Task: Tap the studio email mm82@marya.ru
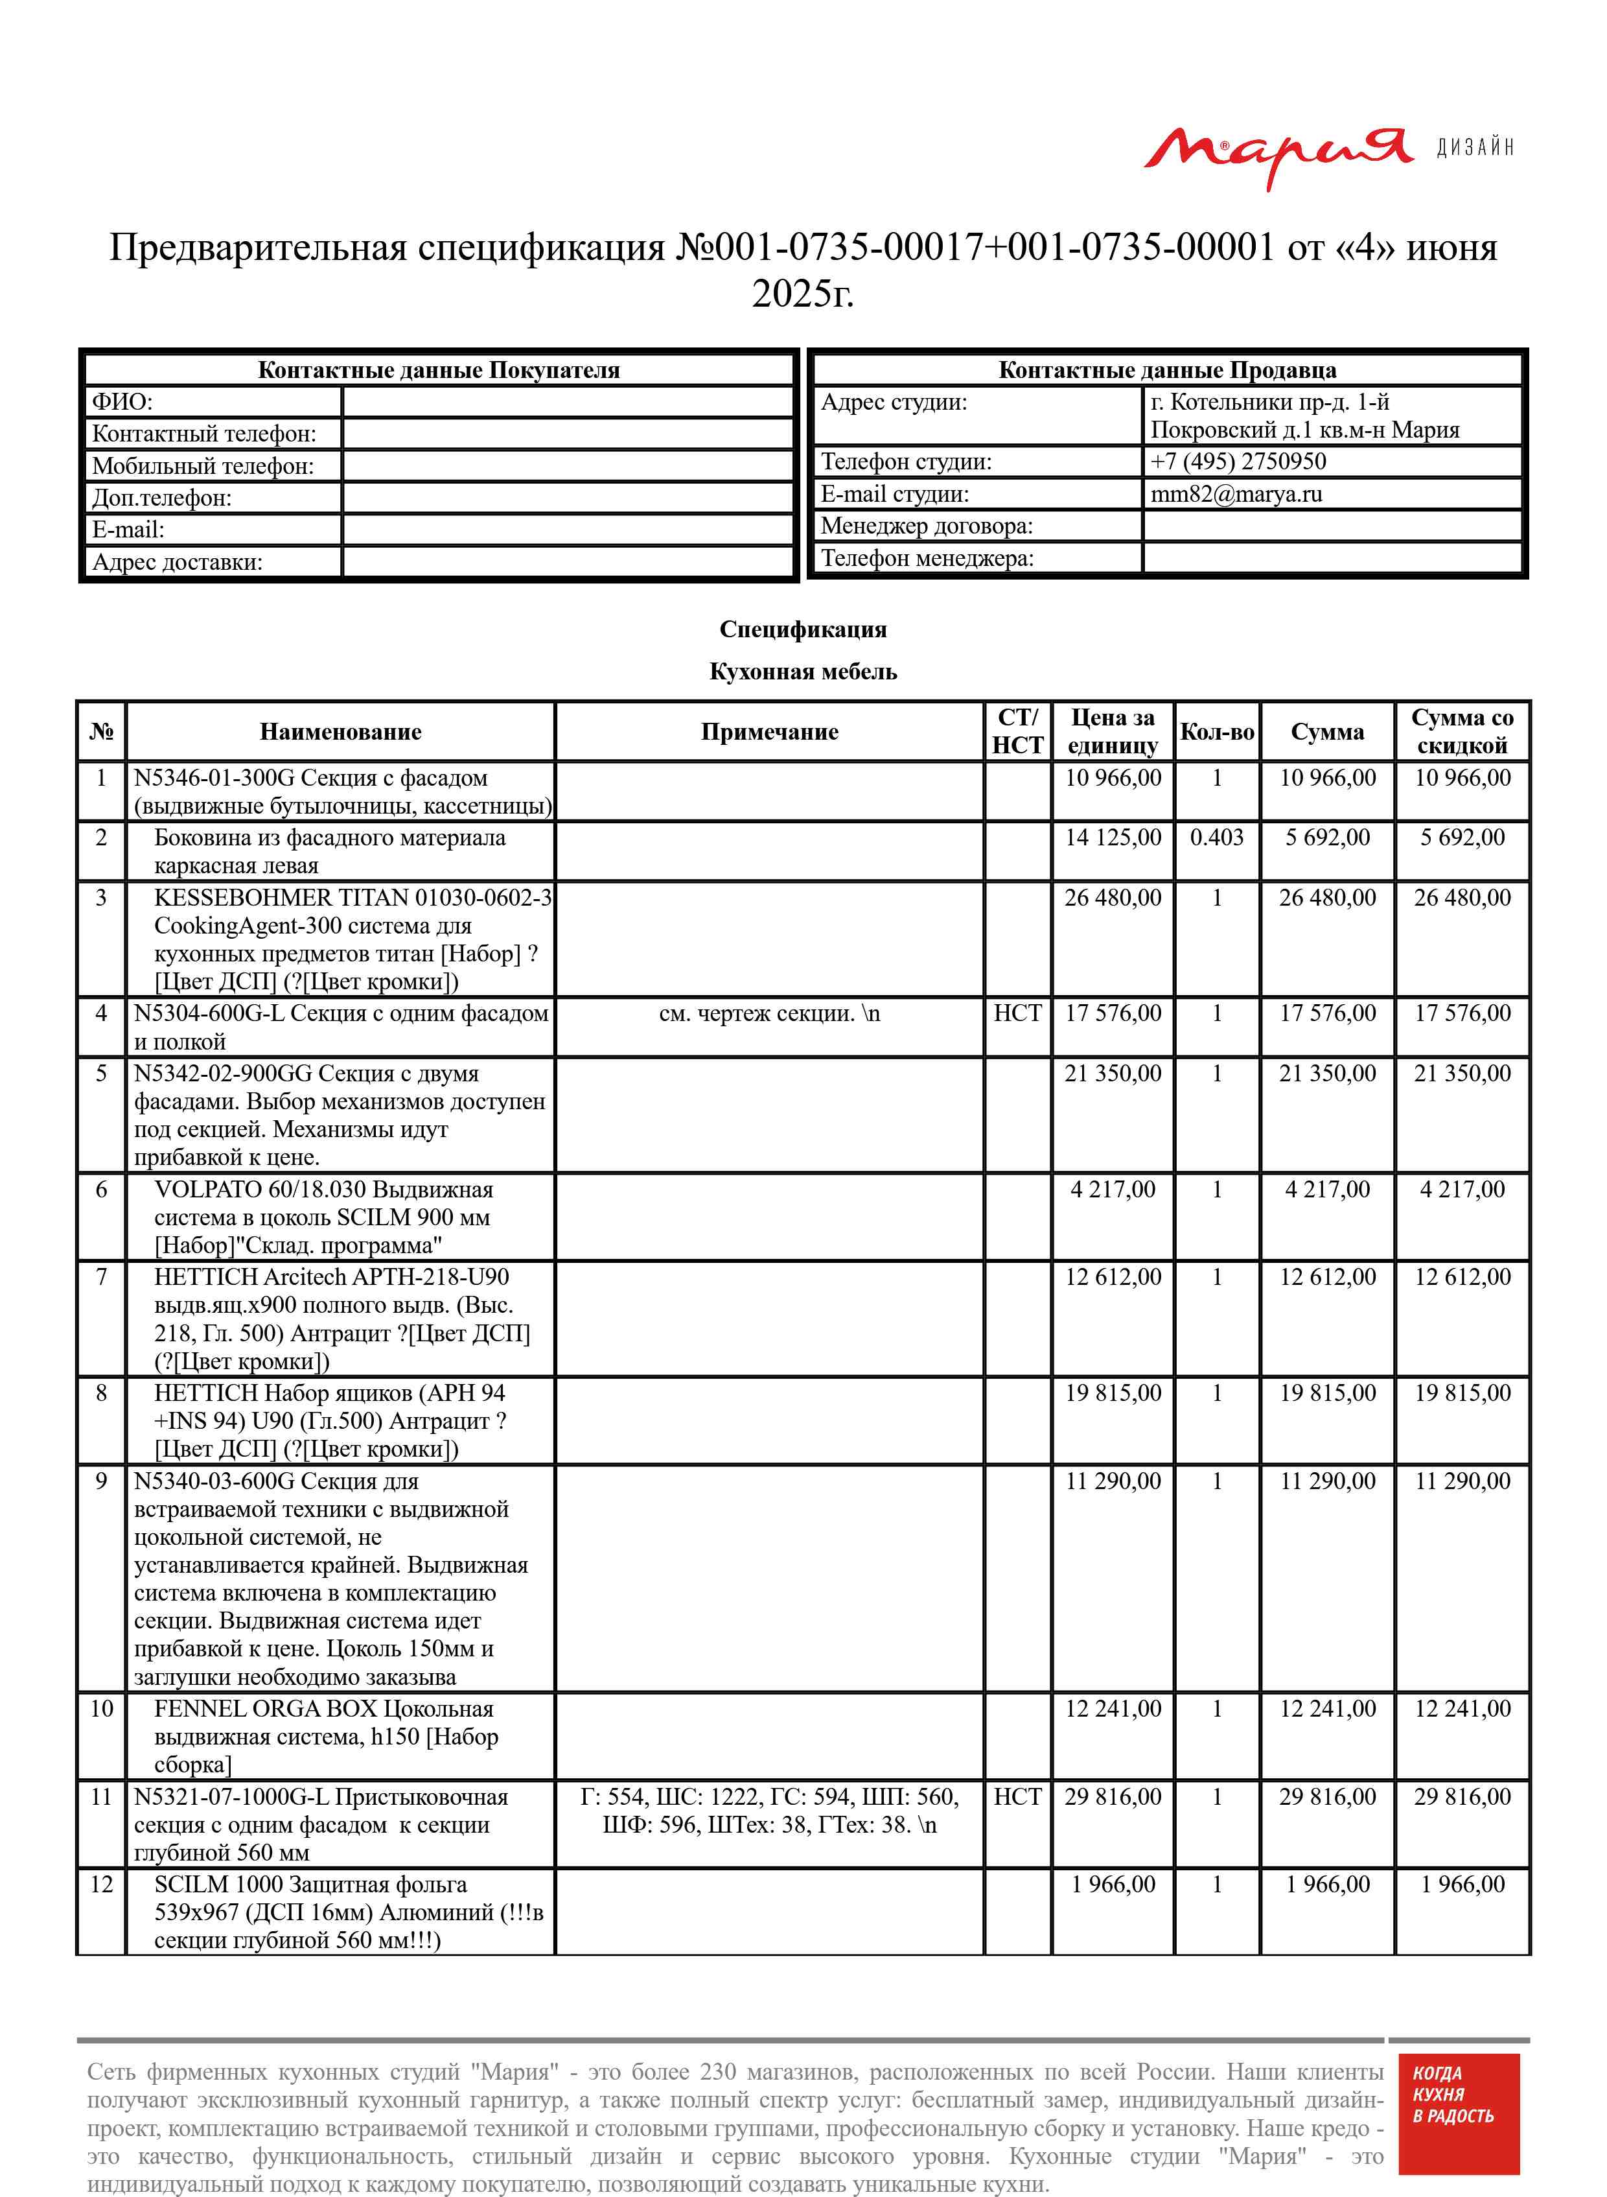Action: tap(1236, 493)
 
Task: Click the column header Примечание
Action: tap(769, 732)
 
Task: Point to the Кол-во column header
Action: tap(1217, 732)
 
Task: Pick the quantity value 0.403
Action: tap(1217, 838)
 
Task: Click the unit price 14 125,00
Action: tap(1113, 838)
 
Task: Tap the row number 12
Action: tap(101, 1884)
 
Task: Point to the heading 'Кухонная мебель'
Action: tap(802, 672)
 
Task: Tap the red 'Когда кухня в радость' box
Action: tap(1458, 2127)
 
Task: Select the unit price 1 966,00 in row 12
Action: tap(1113, 1884)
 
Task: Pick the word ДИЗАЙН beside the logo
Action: tap(1475, 147)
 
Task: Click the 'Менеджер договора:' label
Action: tap(926, 526)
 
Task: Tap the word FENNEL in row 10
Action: tap(200, 1709)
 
